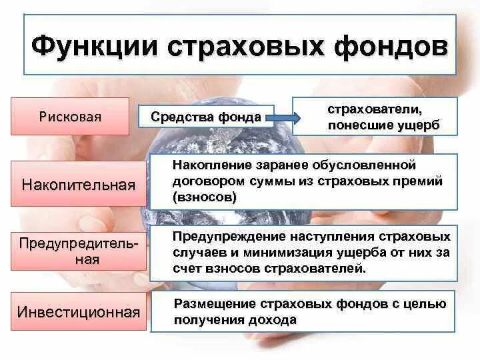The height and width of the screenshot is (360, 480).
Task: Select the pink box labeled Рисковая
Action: coord(69,117)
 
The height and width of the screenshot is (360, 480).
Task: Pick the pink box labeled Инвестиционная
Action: coord(79,311)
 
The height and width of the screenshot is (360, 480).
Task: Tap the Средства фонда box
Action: coord(205,117)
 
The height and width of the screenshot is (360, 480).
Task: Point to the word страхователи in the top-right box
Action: coord(375,107)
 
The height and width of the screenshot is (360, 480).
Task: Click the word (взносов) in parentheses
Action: coord(203,197)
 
